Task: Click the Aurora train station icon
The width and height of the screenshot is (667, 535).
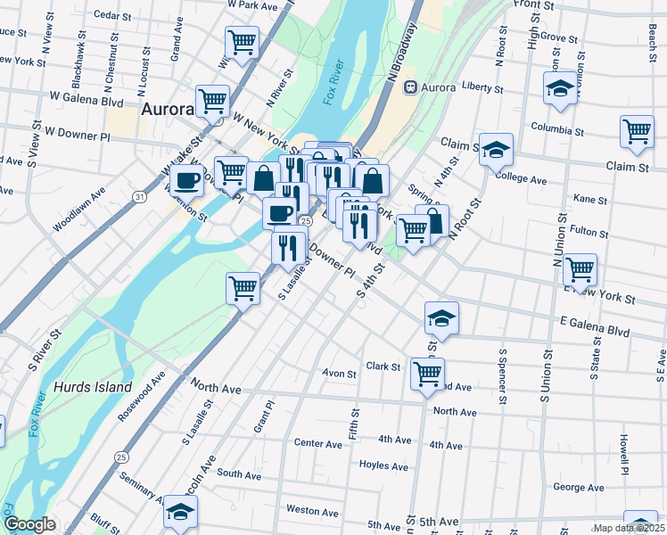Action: tap(410, 87)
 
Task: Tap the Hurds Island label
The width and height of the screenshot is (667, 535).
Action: tap(93, 388)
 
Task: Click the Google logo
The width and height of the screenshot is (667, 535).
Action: tap(29, 524)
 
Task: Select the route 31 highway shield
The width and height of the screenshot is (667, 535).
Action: tap(139, 195)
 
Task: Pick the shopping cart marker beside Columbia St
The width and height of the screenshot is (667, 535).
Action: tap(637, 131)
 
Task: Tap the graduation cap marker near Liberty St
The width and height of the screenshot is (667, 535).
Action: tap(559, 88)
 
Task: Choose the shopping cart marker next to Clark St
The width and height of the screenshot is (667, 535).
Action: tap(427, 373)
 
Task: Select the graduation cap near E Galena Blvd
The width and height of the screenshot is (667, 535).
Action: tap(441, 317)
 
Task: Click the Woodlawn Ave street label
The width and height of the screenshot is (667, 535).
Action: tap(79, 210)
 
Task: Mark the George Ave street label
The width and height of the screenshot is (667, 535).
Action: tap(579, 488)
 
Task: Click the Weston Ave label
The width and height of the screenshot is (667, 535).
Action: tap(312, 512)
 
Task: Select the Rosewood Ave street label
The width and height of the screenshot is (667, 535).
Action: tap(142, 396)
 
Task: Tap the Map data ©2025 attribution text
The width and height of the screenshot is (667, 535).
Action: tap(629, 528)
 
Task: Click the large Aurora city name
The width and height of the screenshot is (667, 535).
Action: tap(167, 110)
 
